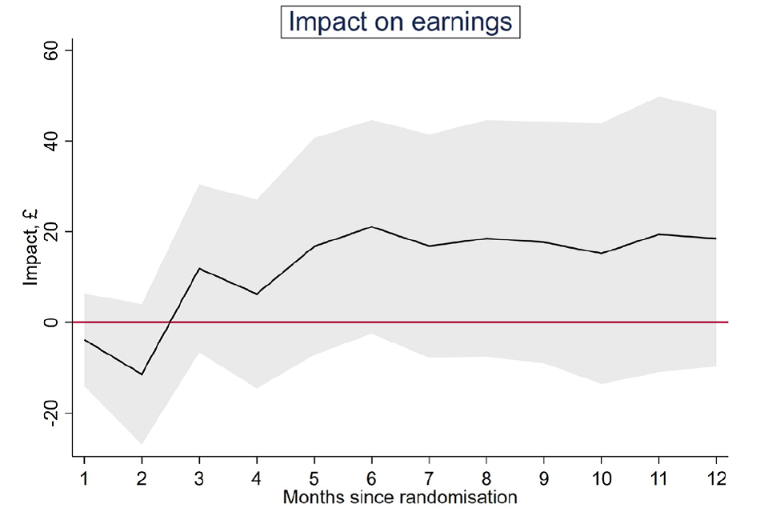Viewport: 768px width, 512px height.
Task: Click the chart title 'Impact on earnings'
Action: point(400,22)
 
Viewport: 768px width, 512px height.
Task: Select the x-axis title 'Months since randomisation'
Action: point(400,498)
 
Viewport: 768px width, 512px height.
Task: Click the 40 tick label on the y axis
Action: point(50,141)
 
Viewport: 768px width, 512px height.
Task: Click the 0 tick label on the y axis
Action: point(50,322)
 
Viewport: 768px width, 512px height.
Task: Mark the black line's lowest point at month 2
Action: point(142,374)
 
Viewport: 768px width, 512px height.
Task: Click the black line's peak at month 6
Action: point(371,226)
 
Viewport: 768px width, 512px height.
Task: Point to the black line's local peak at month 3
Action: point(199,268)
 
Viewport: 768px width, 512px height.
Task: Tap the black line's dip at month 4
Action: point(257,294)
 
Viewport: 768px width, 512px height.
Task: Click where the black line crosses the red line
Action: point(170,322)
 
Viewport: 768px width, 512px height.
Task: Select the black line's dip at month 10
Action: point(601,253)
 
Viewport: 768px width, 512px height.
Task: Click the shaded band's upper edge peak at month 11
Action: point(658,97)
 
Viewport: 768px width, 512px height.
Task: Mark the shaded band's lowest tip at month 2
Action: point(142,444)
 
